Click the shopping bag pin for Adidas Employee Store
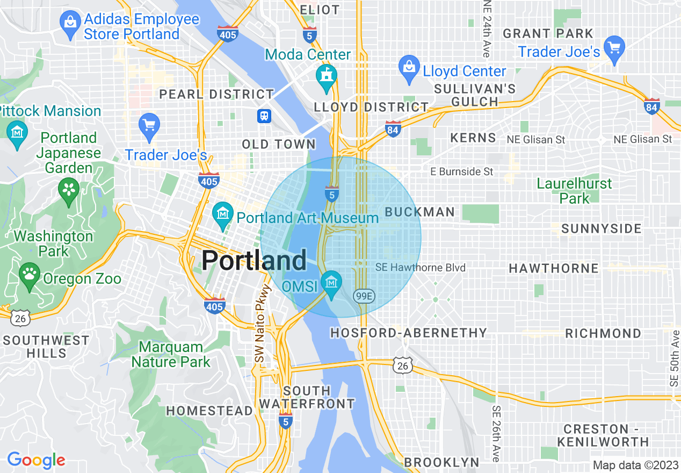pyautogui.click(x=70, y=25)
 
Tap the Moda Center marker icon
pyautogui.click(x=326, y=75)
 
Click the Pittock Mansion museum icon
pyautogui.click(x=18, y=132)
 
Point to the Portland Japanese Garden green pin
pyautogui.click(x=69, y=191)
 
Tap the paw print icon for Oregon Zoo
pyautogui.click(x=30, y=275)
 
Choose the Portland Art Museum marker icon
pyautogui.click(x=222, y=214)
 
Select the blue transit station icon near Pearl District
pyautogui.click(x=264, y=116)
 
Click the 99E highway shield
pyautogui.click(x=364, y=296)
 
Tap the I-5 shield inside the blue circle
pyautogui.click(x=331, y=193)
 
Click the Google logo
pyautogui.click(x=36, y=461)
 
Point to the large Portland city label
pyautogui.click(x=254, y=261)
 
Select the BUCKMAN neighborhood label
pyautogui.click(x=420, y=212)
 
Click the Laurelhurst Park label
pyautogui.click(x=574, y=191)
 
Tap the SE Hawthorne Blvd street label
pyautogui.click(x=421, y=268)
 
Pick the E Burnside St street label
pyautogui.click(x=462, y=172)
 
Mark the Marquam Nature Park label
pyautogui.click(x=171, y=354)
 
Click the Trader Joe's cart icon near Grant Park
pyautogui.click(x=614, y=48)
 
